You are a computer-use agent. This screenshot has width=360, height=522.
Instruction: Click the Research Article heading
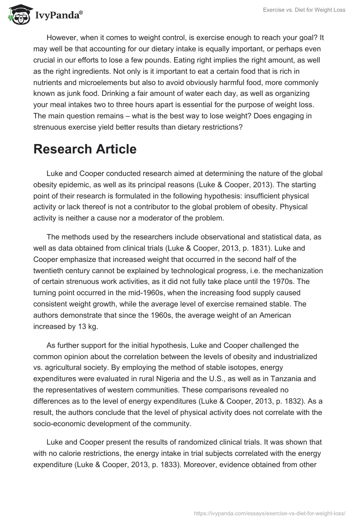[85, 149]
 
